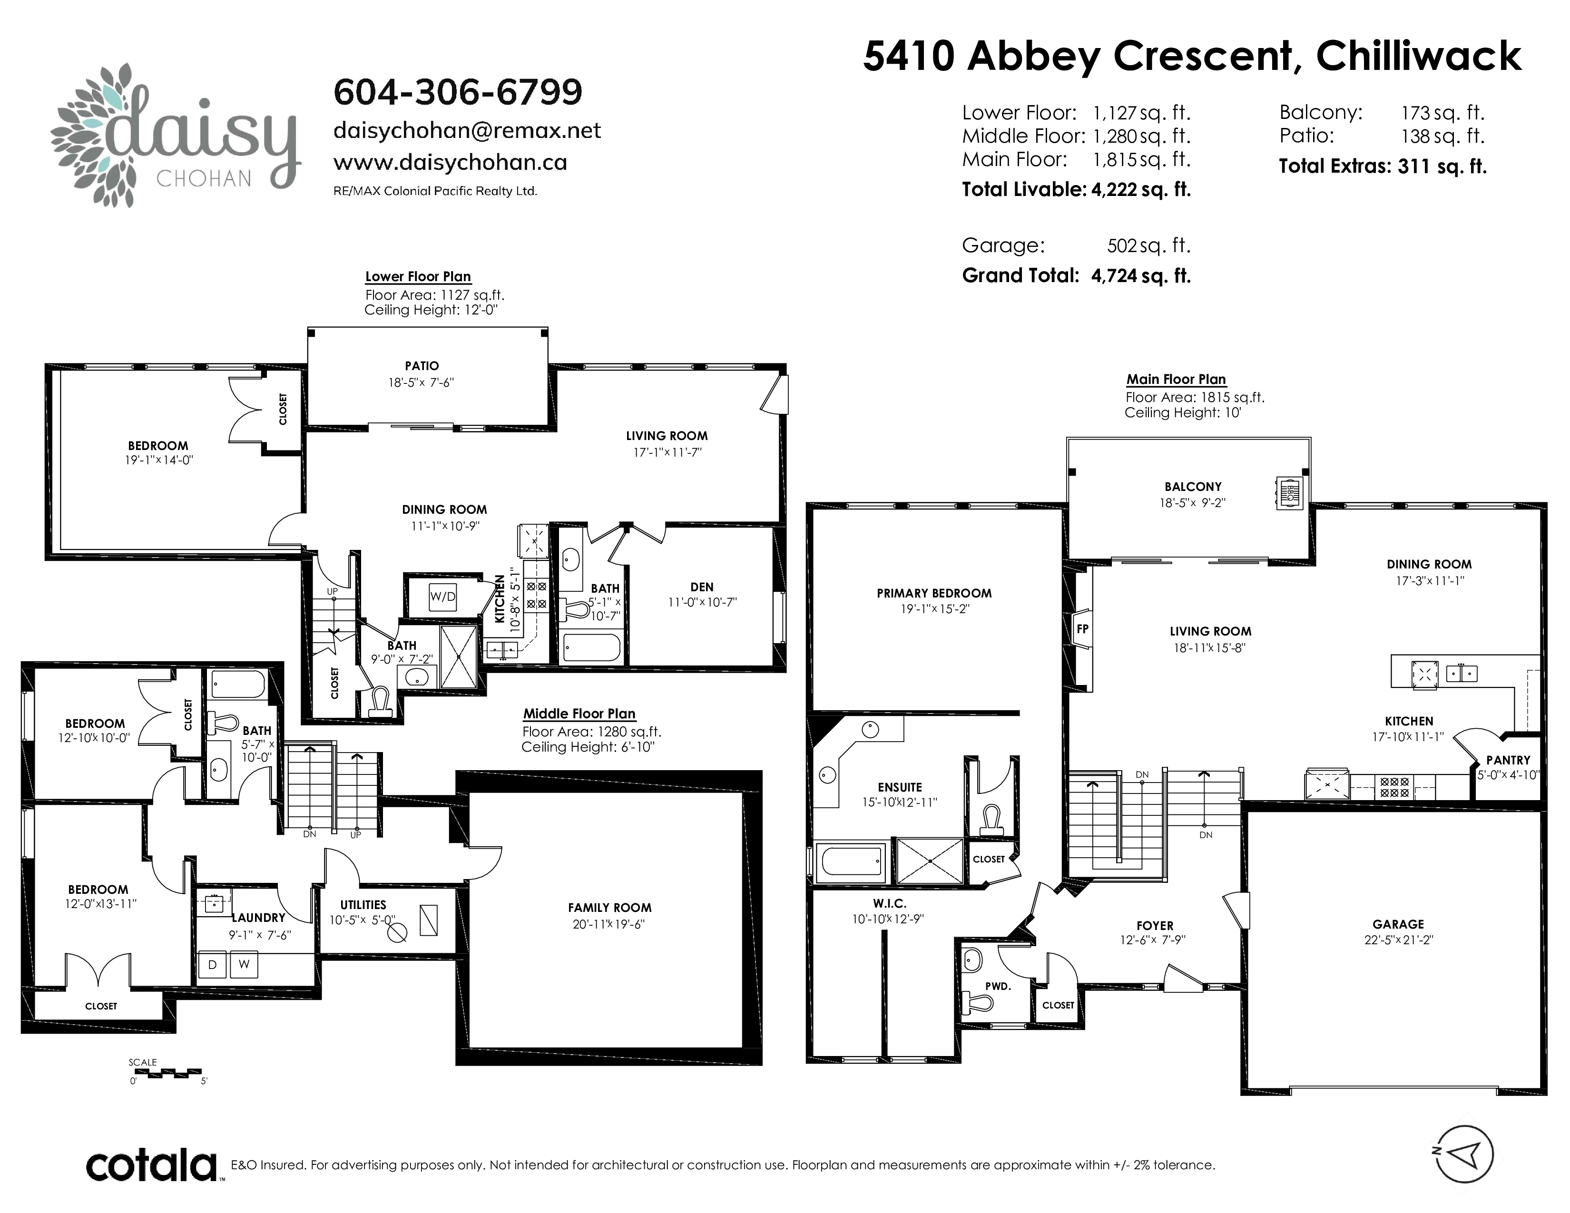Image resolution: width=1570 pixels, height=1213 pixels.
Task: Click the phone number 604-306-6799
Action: (x=458, y=92)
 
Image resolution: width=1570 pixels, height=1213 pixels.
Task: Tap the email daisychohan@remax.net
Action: (x=467, y=131)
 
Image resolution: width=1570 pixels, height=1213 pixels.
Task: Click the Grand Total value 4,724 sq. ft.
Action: (x=1141, y=276)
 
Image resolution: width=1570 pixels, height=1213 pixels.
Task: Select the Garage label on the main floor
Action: (x=1398, y=924)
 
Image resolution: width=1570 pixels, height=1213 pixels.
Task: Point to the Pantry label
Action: (x=1508, y=760)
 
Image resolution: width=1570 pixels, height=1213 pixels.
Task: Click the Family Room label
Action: (x=609, y=908)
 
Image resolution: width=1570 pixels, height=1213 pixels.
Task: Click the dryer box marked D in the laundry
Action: (x=212, y=964)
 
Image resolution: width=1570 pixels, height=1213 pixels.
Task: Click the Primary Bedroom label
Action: (x=934, y=593)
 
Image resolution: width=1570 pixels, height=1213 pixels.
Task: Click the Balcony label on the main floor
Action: (x=1193, y=487)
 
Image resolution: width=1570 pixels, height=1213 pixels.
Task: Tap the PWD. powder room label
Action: (x=998, y=986)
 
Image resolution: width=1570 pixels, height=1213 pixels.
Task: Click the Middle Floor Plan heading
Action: (x=579, y=714)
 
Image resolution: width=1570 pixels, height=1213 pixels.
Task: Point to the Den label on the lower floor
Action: (x=702, y=587)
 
